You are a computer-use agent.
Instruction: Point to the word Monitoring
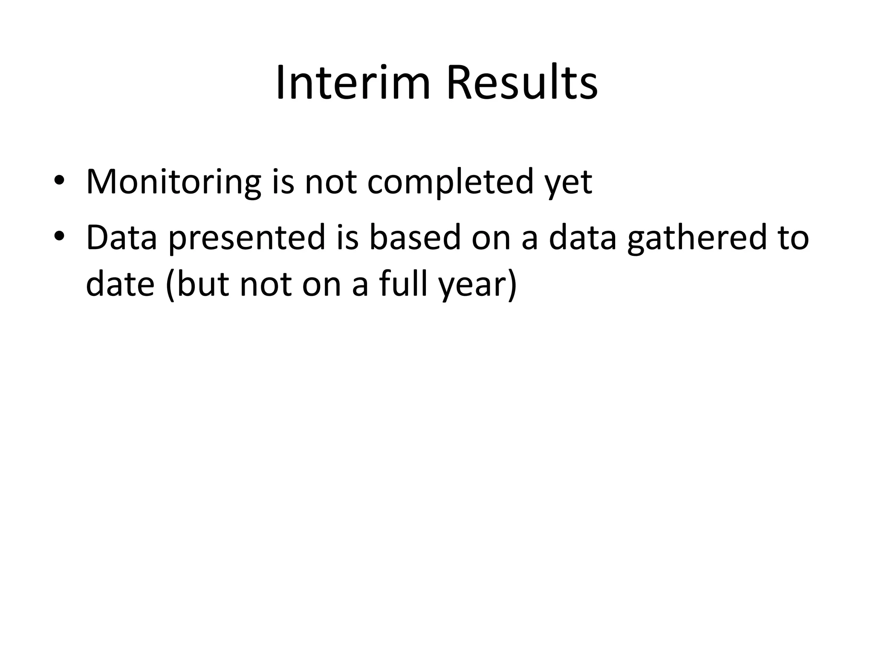pyautogui.click(x=173, y=182)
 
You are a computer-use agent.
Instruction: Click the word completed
pyautogui.click(x=450, y=182)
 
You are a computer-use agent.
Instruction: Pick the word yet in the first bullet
pyautogui.click(x=569, y=184)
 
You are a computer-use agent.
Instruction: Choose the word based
pyautogui.click(x=415, y=238)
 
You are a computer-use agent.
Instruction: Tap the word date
pyautogui.click(x=120, y=284)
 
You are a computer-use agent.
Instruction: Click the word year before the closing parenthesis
pyautogui.click(x=473, y=286)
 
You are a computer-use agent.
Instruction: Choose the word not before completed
pyautogui.click(x=330, y=182)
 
